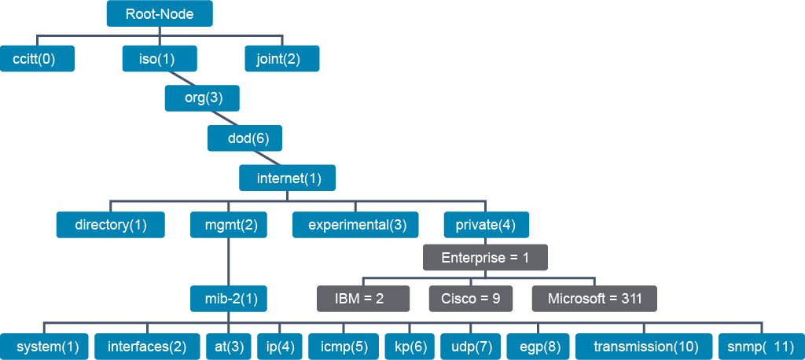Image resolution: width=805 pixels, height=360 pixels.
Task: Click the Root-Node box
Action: coord(160,14)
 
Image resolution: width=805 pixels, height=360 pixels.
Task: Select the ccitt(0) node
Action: coord(37,58)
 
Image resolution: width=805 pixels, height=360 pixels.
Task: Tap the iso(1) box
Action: coord(160,58)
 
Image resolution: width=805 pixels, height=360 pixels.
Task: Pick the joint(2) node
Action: coord(282,58)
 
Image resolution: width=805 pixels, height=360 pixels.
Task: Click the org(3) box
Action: coord(202,98)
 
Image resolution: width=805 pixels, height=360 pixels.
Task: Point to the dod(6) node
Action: coord(245,138)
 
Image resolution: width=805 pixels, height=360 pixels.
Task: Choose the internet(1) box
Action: coord(288,178)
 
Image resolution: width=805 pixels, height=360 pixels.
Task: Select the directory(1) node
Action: coord(110,225)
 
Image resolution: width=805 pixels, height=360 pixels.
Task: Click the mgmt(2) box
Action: coord(229,225)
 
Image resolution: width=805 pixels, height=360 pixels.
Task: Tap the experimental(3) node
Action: coord(356,225)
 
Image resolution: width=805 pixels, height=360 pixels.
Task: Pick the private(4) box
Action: coord(486,225)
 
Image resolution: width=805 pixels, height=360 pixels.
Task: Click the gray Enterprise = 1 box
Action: coord(485,257)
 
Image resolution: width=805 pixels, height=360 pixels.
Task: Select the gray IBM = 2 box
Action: coord(363,299)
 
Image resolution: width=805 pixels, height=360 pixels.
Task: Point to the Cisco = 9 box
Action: coord(472,299)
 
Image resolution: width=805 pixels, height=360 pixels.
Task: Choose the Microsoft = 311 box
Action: coord(594,299)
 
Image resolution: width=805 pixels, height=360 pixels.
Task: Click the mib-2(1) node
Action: coord(229,299)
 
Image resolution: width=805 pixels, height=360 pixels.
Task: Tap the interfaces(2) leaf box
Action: coord(147,347)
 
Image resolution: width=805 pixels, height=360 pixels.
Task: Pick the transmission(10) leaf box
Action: coord(645,347)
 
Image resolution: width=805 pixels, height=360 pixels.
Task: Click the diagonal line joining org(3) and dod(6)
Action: coord(223,118)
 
